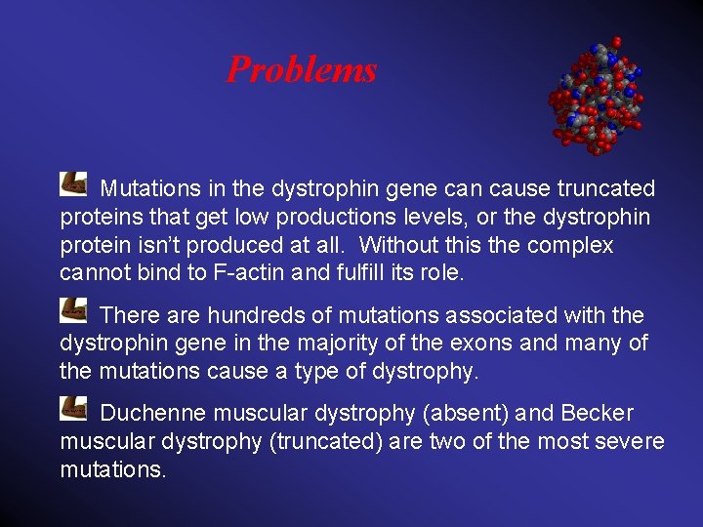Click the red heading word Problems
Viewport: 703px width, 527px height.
pyautogui.click(x=301, y=69)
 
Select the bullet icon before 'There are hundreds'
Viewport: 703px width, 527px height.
pyautogui.click(x=73, y=310)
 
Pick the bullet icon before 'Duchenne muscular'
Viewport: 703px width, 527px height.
pyautogui.click(x=73, y=408)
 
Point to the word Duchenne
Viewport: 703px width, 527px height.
pyautogui.click(x=151, y=414)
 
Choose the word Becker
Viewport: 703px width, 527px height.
pyautogui.click(x=598, y=414)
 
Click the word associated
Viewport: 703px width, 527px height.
pyautogui.click(x=503, y=316)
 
